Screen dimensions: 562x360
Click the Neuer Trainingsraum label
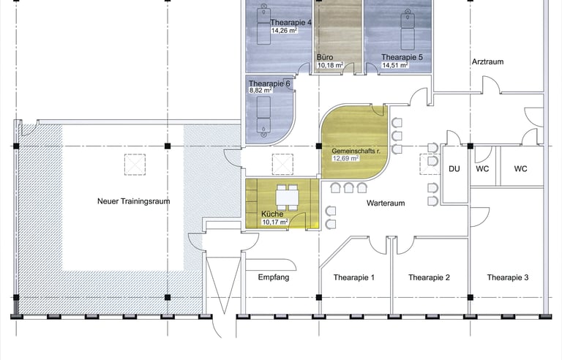coord(134,201)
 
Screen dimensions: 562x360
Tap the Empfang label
coord(274,277)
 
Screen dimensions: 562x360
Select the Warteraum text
coord(386,203)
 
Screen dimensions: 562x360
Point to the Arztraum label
coord(487,61)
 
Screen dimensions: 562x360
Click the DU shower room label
coord(454,168)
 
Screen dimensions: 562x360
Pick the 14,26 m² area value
coord(284,31)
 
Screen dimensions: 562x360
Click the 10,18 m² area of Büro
coord(331,65)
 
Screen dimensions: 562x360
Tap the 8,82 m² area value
coord(261,90)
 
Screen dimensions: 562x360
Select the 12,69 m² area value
coord(346,158)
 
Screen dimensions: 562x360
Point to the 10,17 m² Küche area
coord(275,222)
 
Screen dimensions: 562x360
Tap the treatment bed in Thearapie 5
coord(407,30)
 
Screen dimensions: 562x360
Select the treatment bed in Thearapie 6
coord(263,116)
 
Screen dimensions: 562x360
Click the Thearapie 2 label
coord(429,277)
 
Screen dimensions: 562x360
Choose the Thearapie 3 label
coord(508,277)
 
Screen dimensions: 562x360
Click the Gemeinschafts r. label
coord(356,151)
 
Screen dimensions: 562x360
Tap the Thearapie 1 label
coord(353,277)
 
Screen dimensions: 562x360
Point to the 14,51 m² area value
coord(395,65)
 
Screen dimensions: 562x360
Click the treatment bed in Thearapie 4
coord(263,24)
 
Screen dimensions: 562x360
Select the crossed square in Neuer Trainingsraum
coord(135,165)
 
